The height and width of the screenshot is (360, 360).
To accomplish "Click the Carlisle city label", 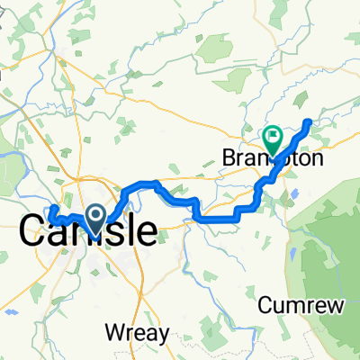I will coord(87,232).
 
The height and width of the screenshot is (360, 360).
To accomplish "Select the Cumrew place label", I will coord(301,306).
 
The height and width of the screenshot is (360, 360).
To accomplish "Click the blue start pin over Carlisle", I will coord(95,217).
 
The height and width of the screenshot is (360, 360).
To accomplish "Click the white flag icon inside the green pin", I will coord(273,137).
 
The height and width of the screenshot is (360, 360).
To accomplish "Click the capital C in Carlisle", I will coord(33,232).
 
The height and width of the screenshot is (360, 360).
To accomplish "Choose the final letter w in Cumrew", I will coord(336,306).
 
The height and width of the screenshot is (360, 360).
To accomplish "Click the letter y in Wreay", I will coord(166,335).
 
